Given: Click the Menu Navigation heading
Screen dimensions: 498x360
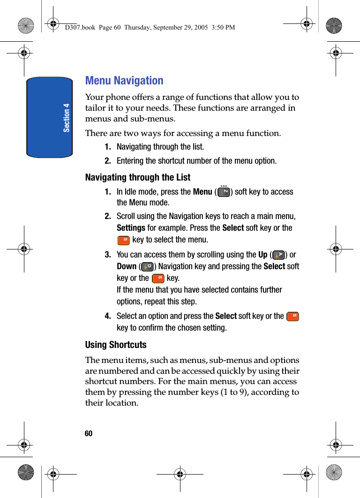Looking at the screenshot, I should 124,81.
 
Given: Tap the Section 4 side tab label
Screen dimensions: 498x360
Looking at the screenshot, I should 67,118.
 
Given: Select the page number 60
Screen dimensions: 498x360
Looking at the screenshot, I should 89,434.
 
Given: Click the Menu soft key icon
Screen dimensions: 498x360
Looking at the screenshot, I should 224,191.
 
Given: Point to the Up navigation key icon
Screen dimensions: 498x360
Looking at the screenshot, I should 279,255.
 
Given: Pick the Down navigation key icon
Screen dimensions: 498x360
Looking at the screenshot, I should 147,267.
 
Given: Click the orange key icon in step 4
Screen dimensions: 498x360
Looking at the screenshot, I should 293,317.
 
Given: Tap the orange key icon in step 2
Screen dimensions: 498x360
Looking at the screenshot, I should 123,240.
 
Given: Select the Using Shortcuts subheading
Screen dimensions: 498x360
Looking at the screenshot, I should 116,345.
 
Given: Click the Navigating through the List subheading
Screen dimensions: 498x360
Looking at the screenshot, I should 138,177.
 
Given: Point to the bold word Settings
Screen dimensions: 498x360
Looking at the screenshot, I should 131,228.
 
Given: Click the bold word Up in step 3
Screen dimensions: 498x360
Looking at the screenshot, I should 263,255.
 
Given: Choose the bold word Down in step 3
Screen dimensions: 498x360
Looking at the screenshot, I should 127,266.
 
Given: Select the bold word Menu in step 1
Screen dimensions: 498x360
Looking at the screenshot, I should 202,192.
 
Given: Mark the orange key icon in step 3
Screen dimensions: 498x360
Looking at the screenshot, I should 158,279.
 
